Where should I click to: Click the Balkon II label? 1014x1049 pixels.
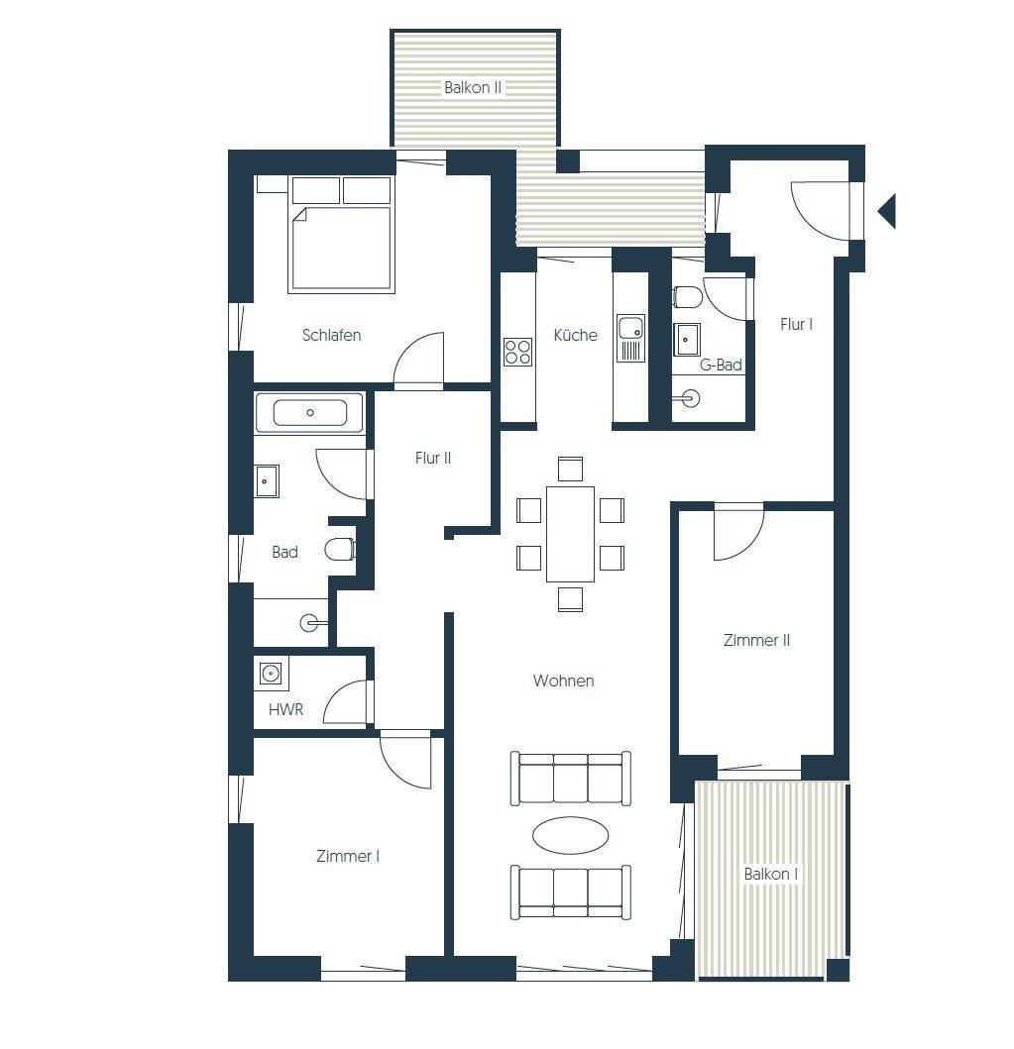[473, 87]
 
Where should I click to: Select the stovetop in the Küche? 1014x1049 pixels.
[518, 352]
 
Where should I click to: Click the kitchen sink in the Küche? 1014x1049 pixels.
[630, 338]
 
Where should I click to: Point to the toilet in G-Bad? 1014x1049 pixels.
[687, 296]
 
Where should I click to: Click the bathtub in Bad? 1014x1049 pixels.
[309, 413]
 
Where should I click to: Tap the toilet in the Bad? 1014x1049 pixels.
[340, 549]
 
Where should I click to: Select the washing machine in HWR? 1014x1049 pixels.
[271, 673]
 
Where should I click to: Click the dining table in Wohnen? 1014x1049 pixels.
[570, 534]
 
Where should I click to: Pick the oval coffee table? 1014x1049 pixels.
[570, 835]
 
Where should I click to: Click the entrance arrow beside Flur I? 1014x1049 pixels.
[887, 211]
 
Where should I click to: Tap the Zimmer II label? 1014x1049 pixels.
[756, 640]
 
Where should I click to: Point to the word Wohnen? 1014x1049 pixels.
[563, 681]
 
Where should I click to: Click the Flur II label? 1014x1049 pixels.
[433, 459]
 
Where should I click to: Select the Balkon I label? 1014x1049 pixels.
[770, 874]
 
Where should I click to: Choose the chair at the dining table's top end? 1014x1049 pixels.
[570, 469]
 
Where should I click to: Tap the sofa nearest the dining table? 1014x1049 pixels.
[570, 778]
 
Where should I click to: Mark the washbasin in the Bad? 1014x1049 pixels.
[267, 481]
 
